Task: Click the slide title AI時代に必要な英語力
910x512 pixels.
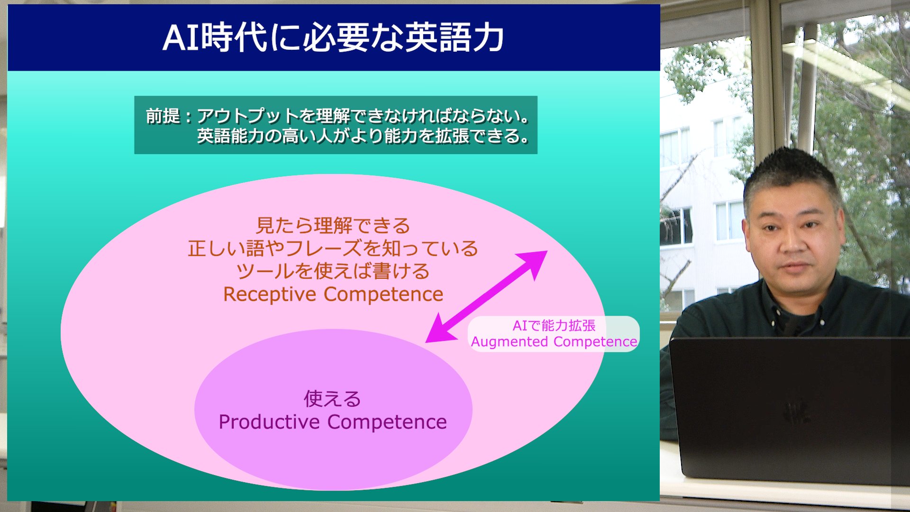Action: [333, 37]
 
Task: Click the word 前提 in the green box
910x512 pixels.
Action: [163, 116]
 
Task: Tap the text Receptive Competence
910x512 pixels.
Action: [333, 294]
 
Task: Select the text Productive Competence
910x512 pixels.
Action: [333, 422]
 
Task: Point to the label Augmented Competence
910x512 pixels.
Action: [554, 342]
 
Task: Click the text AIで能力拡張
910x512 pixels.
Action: [554, 326]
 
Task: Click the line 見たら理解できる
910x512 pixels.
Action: [333, 226]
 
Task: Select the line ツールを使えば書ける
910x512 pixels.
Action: [333, 271]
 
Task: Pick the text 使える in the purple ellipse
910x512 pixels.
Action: [332, 399]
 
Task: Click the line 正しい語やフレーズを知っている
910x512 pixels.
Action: [333, 248]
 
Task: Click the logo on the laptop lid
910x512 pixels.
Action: [796, 413]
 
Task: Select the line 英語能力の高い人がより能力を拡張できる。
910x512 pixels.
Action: [363, 137]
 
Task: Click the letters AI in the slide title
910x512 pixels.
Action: [181, 38]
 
